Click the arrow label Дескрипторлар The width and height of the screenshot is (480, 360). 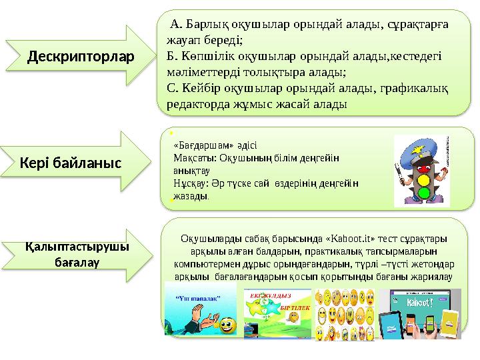pos(80,57)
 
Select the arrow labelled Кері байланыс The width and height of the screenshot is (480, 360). pos(70,162)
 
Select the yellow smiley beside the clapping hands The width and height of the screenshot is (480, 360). pos(227,326)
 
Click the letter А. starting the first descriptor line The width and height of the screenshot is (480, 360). pos(177,25)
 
